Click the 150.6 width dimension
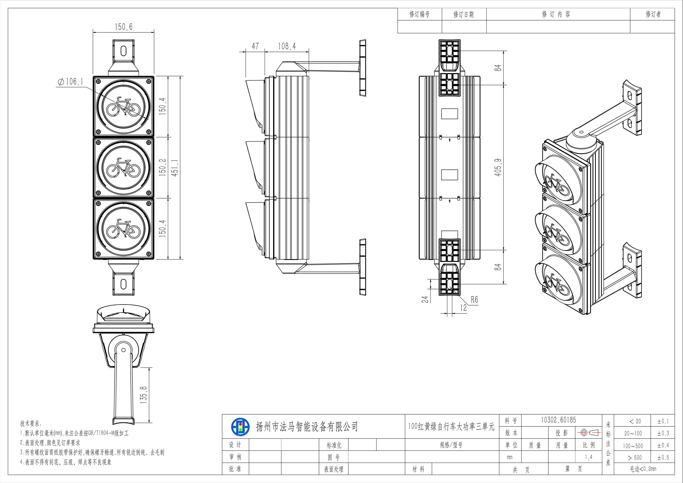124,27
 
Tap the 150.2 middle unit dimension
162,167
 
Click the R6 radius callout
474,299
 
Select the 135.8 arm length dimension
144,395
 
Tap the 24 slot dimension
426,299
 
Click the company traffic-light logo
240,427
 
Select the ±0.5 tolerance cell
663,457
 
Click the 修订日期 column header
464,14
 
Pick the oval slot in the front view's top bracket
123,51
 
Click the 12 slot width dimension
464,308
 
